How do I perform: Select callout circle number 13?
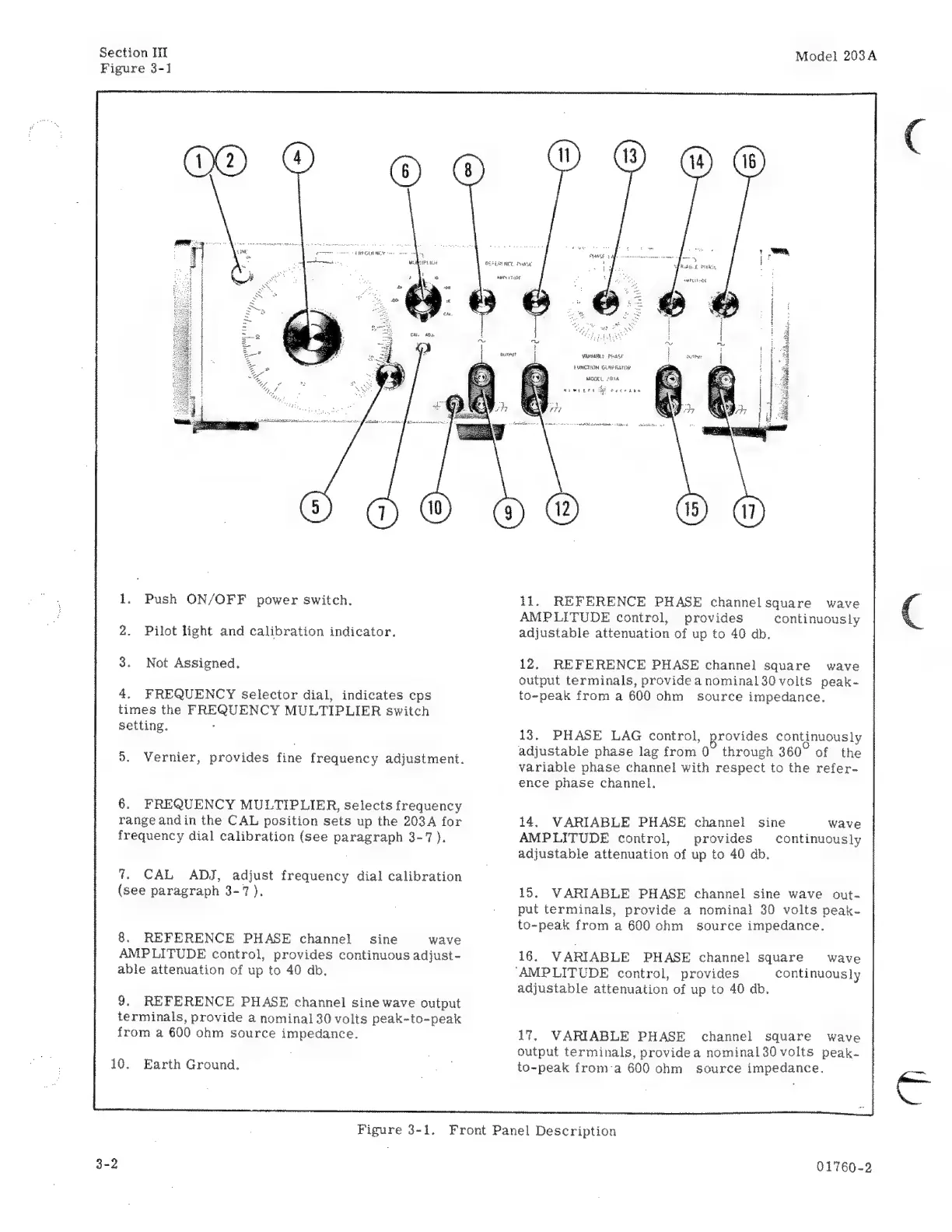point(629,156)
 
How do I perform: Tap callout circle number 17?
point(749,511)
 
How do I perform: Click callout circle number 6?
point(404,172)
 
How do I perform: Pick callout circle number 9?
point(509,511)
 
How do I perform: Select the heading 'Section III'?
point(133,53)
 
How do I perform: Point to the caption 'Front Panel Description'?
point(533,1131)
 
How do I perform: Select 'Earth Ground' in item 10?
point(191,1064)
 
